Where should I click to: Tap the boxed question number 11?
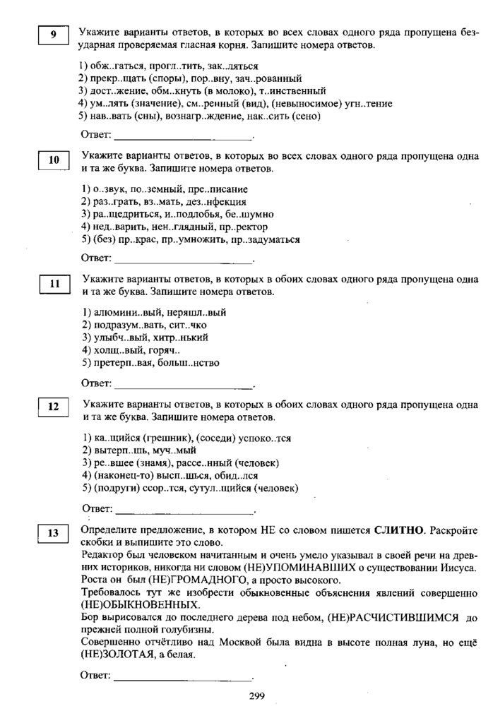point(54,285)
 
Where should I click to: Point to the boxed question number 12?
point(54,409)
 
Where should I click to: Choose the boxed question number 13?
point(54,534)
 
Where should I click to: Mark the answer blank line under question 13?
point(183,679)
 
